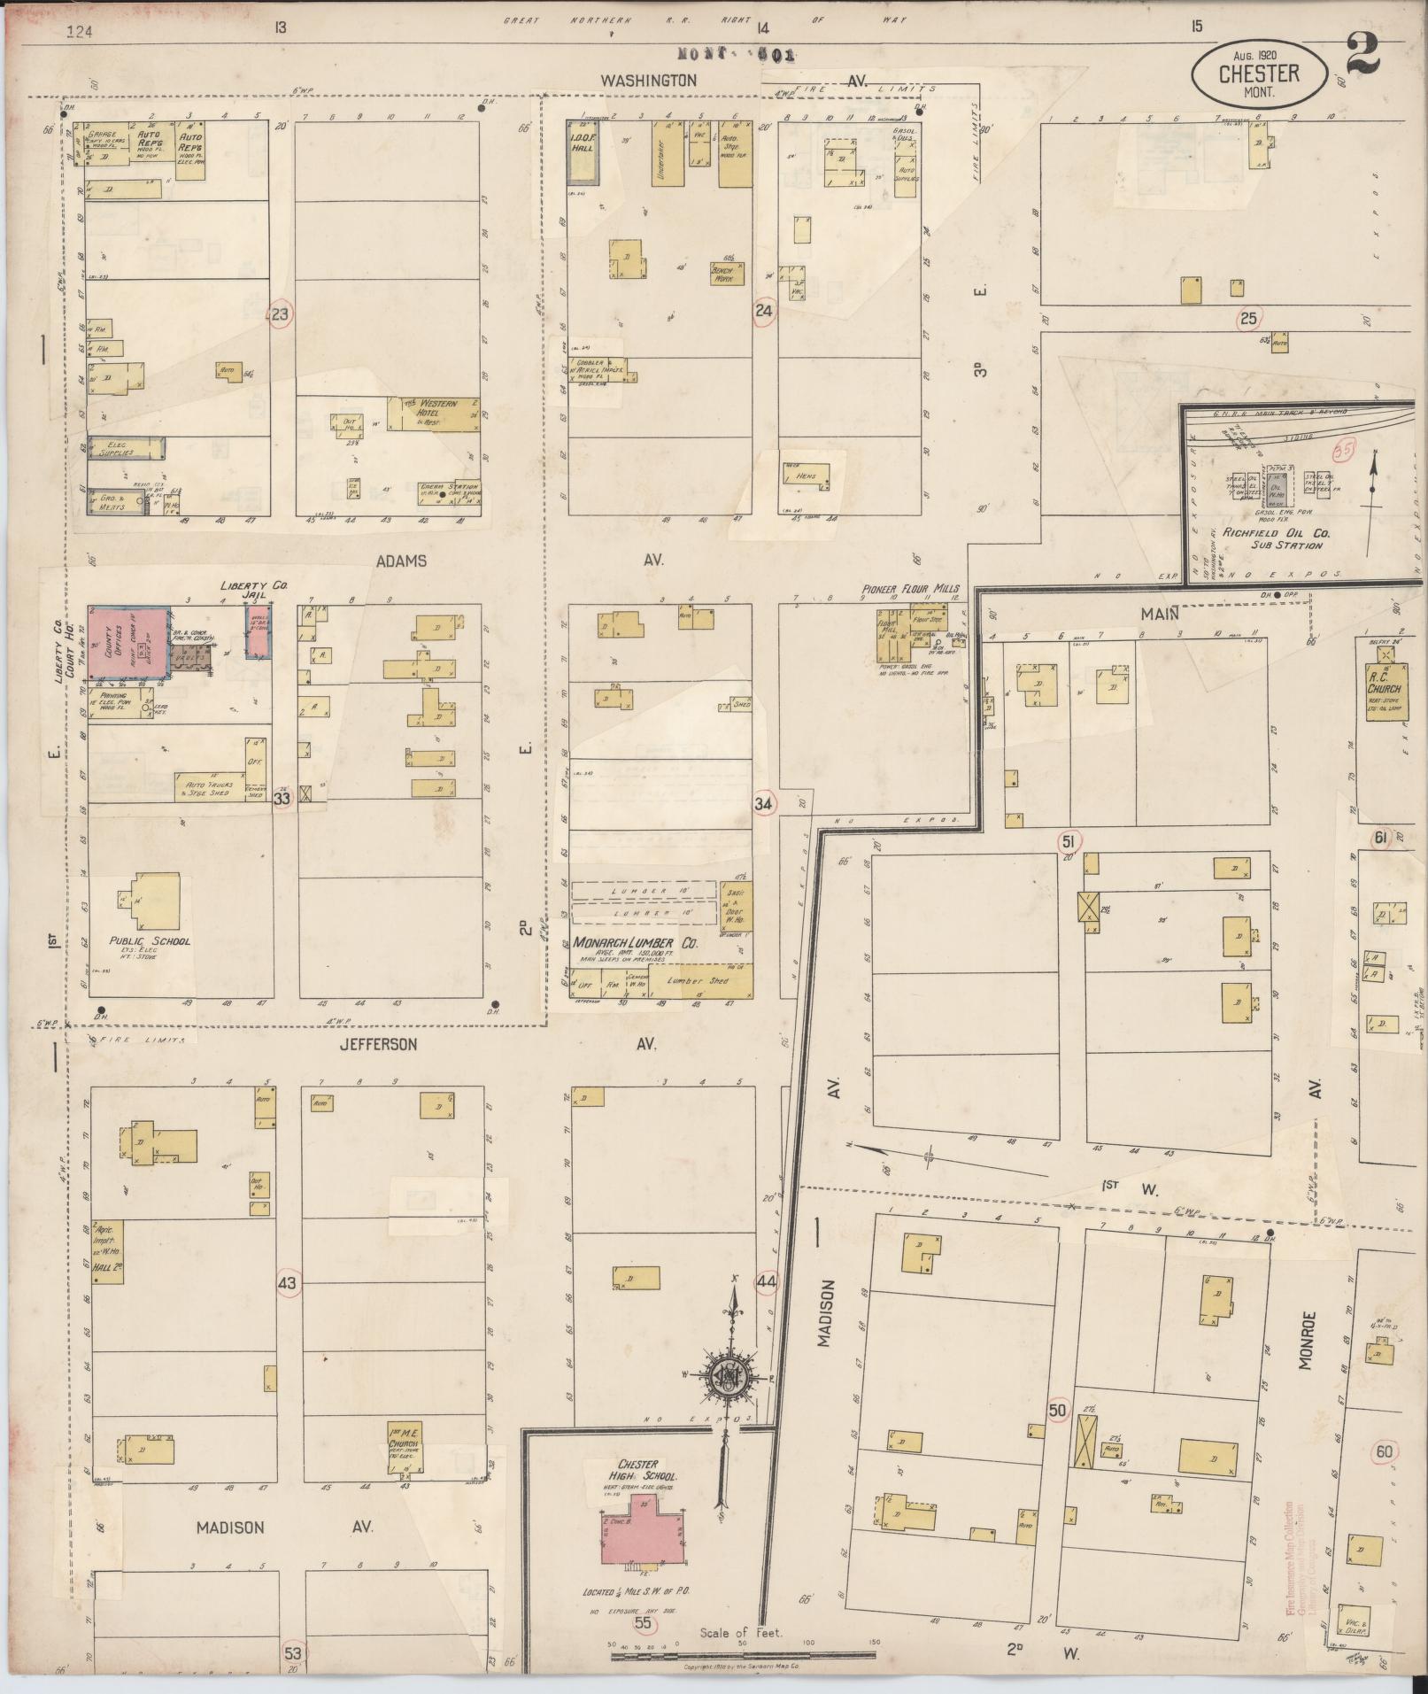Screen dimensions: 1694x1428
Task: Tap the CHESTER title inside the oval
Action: click(x=1258, y=73)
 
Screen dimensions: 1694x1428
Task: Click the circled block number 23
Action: click(x=281, y=313)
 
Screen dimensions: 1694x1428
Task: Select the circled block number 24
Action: click(x=763, y=311)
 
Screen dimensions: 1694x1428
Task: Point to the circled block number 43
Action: click(x=289, y=1282)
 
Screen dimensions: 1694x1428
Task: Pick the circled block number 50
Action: click(x=1056, y=1411)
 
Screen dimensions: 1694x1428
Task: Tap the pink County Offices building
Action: click(x=129, y=646)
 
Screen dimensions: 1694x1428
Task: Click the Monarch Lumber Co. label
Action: click(x=634, y=944)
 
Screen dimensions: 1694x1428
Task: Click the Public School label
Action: click(x=149, y=941)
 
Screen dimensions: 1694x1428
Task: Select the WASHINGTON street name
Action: click(x=648, y=80)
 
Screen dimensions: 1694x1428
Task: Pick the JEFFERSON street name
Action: click(x=378, y=1045)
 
